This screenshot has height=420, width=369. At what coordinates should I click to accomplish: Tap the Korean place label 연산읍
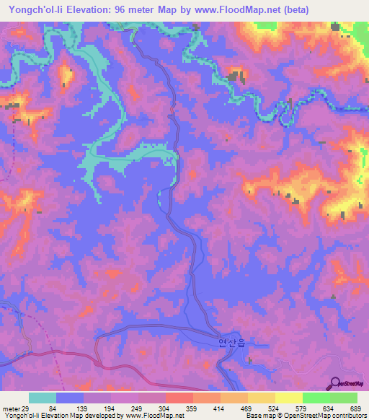tap(231, 344)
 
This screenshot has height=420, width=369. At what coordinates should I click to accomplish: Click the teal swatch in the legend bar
tap(43, 398)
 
